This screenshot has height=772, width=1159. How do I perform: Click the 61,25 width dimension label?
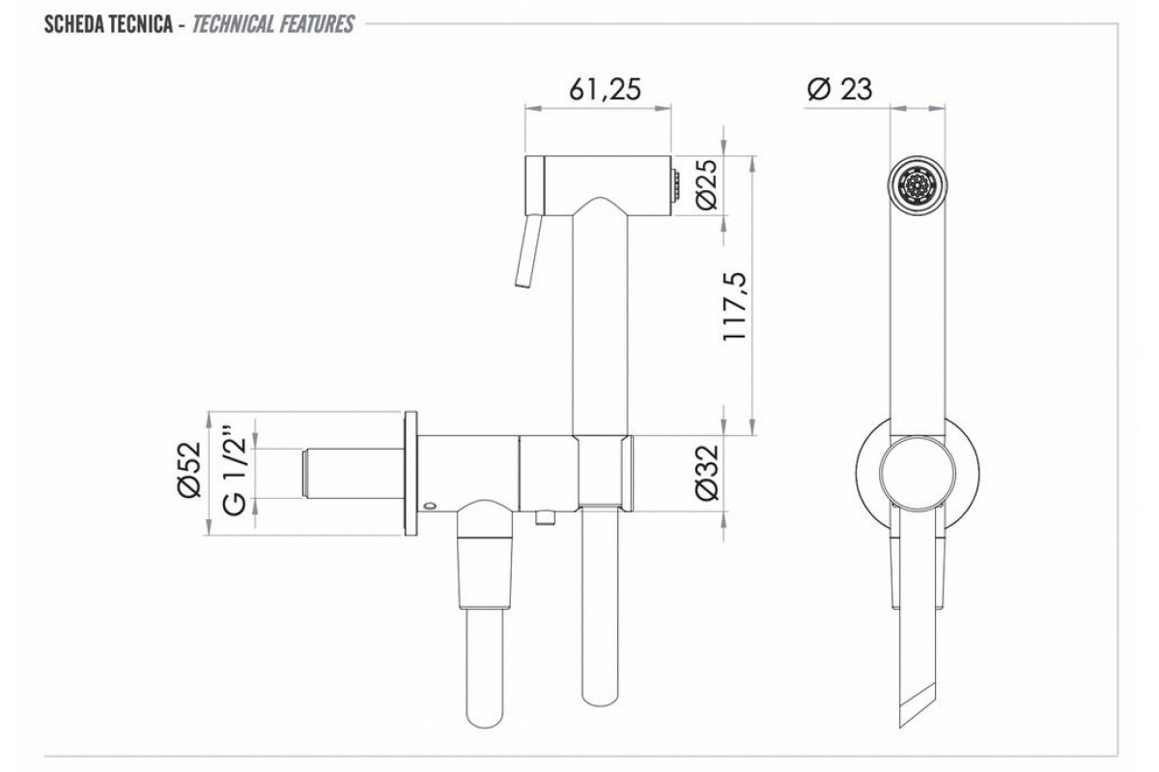coord(605,89)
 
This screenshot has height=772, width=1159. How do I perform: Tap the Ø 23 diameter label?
coord(839,89)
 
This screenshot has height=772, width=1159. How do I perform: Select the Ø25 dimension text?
coord(707,184)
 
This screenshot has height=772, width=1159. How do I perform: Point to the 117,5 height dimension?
coord(735,306)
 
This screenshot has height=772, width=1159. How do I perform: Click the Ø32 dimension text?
coord(708,473)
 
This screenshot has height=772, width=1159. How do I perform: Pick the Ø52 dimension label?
coord(189,470)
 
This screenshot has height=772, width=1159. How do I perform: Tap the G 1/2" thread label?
coord(235,471)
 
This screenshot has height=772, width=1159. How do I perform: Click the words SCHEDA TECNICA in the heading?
coord(108,24)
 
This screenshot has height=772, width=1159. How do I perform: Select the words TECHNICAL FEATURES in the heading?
coord(273,24)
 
